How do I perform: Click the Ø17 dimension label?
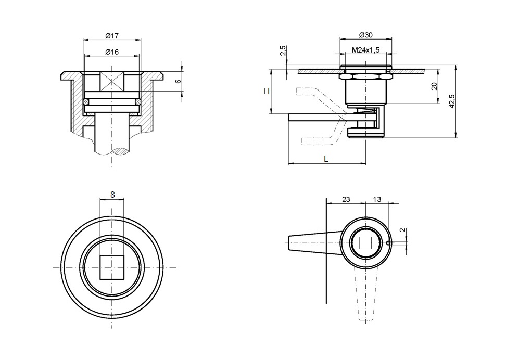pyautogui.click(x=112, y=35)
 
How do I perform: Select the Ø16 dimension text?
pyautogui.click(x=112, y=52)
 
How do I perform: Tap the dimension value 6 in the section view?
pyautogui.click(x=178, y=82)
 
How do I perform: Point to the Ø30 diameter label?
pyautogui.click(x=365, y=35)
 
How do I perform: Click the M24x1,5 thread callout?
pyautogui.click(x=365, y=50)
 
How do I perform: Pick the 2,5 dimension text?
pyautogui.click(x=283, y=51)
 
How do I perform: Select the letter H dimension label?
pyautogui.click(x=267, y=91)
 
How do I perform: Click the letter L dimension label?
pyautogui.click(x=326, y=159)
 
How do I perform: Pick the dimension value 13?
pyautogui.click(x=377, y=199)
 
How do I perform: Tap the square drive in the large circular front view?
pyautogui.click(x=112, y=267)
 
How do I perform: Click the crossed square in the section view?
pyautogui.click(x=112, y=82)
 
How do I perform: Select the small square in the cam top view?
pyautogui.click(x=365, y=243)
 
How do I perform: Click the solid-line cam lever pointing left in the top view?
pyautogui.click(x=310, y=243)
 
